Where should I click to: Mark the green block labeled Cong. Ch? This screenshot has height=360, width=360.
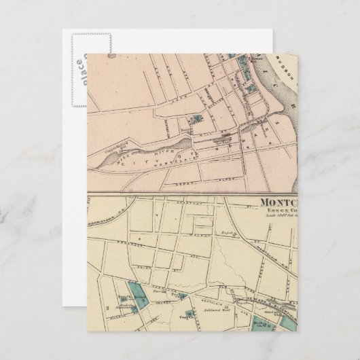point(192,314)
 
